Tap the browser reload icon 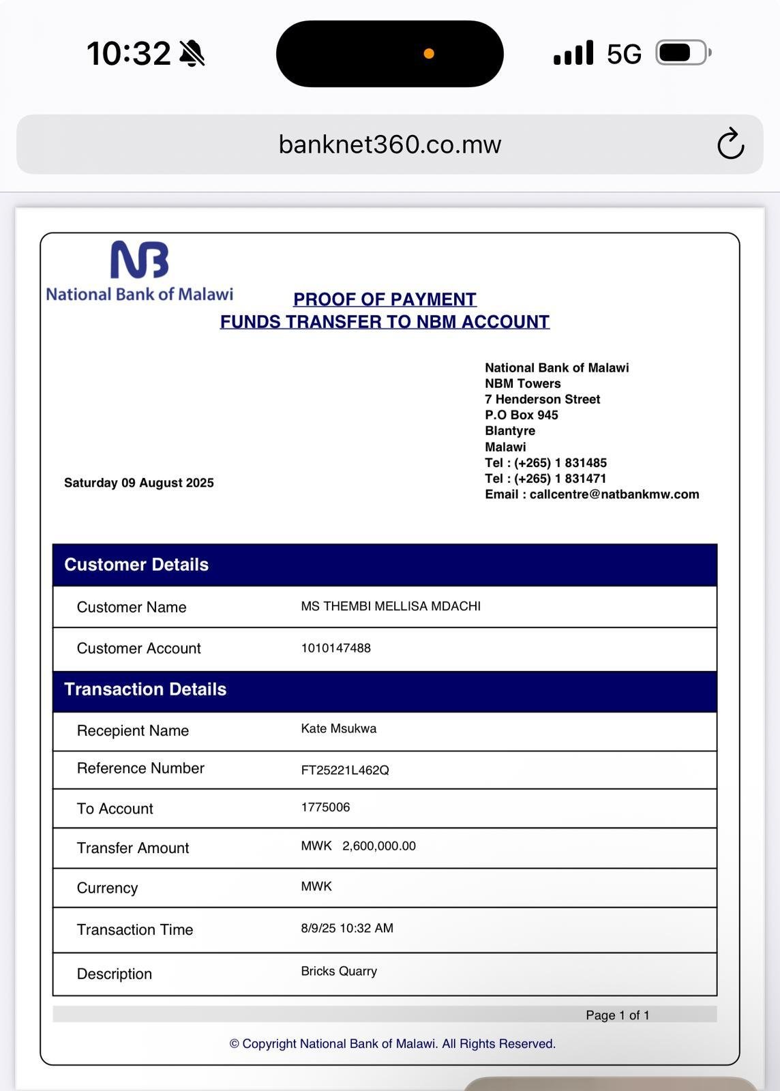[x=730, y=144]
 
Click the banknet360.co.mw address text [x=390, y=145]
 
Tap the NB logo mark [x=140, y=260]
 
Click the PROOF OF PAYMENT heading [x=385, y=299]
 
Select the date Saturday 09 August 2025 [x=139, y=483]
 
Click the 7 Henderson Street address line [x=543, y=400]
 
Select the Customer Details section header [x=136, y=565]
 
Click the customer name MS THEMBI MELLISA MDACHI [x=391, y=606]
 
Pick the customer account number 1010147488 [x=336, y=648]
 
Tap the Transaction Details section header [x=145, y=689]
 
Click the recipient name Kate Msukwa [x=339, y=729]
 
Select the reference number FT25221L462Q [x=345, y=771]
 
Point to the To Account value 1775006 [x=326, y=807]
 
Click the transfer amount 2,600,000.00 [x=378, y=846]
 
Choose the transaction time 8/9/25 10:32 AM [x=347, y=928]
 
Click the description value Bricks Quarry [x=339, y=971]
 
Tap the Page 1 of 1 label [x=617, y=1015]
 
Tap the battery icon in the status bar [x=682, y=53]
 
